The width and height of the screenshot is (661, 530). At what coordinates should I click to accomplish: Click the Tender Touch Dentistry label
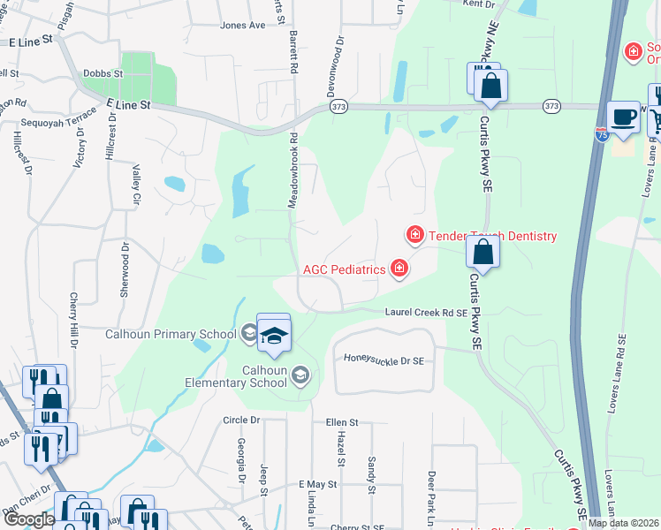493,236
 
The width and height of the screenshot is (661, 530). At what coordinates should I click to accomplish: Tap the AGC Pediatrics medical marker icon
399,269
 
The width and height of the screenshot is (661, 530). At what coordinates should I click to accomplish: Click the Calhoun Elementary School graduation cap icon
300,375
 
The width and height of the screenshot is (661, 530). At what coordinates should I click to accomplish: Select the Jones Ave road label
242,26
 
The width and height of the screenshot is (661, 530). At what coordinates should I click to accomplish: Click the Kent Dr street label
478,4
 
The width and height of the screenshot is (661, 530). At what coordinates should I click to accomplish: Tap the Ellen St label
341,422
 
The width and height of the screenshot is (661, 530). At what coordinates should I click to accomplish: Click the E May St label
318,485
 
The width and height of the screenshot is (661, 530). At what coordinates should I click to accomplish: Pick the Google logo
28,519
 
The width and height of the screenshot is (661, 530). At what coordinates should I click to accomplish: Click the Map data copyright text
623,523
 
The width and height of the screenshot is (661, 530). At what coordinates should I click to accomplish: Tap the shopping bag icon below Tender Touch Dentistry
483,252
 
